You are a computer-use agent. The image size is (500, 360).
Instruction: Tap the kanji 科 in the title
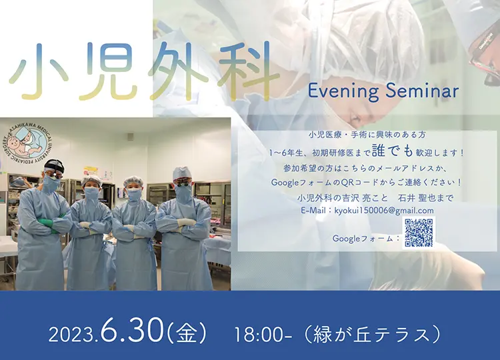(x=246, y=71)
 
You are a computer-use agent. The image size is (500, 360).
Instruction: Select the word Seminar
(x=422, y=91)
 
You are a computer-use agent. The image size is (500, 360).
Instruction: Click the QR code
(x=419, y=233)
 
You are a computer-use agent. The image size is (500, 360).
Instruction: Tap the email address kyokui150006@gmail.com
(x=384, y=211)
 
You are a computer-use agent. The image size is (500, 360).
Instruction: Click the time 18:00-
(x=263, y=335)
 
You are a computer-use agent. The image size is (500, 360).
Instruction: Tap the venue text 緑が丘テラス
(x=371, y=335)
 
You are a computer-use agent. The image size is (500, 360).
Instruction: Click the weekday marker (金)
(x=187, y=334)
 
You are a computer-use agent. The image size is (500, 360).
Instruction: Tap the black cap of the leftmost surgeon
(x=53, y=165)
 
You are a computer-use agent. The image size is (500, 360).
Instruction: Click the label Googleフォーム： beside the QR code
(x=366, y=238)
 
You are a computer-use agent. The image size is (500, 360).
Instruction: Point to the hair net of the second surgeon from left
(x=92, y=181)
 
